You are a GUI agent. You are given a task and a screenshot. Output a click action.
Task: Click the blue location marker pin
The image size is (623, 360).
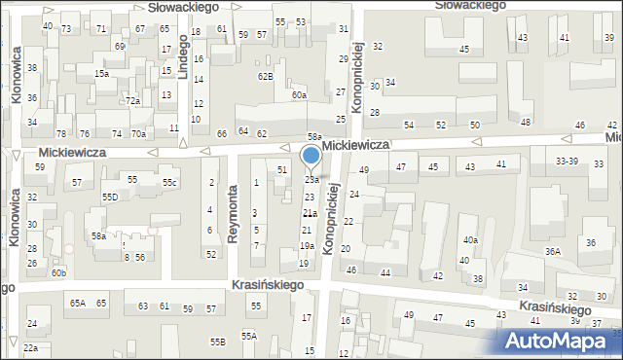pos(311,157)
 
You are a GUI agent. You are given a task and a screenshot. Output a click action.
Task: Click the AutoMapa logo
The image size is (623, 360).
pos(561,341)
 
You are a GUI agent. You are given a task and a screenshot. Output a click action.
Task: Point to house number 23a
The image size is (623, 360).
pos(311,179)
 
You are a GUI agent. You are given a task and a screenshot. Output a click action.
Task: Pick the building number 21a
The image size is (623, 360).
pos(310,213)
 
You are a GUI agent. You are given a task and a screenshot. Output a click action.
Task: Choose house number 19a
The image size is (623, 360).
pos(306,246)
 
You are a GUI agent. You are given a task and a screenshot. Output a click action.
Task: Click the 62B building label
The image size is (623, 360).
pos(265,76)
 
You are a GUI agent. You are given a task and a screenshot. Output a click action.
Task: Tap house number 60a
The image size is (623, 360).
pos(299,95)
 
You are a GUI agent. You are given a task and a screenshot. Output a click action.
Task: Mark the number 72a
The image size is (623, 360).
pos(132,100)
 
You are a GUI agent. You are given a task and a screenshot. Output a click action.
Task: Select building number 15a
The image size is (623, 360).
pos(101,73)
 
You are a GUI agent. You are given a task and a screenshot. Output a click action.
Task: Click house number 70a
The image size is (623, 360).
pos(139,133)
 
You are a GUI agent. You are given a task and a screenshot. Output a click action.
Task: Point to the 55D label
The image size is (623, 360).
pos(110,197)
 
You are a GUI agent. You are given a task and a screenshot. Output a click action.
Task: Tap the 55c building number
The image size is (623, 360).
pos(170,183)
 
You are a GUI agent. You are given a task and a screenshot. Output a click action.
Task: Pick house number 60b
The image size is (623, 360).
pos(59,273)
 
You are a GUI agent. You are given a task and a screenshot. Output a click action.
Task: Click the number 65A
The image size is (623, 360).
pos(78,304)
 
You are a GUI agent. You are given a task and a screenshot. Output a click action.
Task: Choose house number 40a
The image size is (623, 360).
pos(471,239)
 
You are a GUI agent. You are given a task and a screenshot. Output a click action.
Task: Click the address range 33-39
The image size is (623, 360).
pos(567,161)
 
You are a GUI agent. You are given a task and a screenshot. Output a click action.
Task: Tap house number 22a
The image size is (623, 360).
pos(31,348)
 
